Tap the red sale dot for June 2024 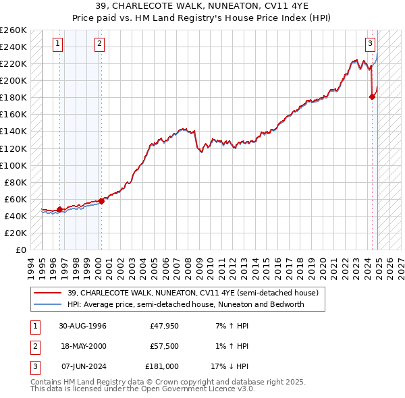coord(372,96)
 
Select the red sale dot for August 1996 coord(59,209)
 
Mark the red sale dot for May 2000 coord(101,201)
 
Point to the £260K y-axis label coord(13,30)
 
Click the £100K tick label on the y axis coord(13,165)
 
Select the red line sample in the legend coord(48,293)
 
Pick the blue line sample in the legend coord(48,304)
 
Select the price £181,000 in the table coord(163,366)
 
